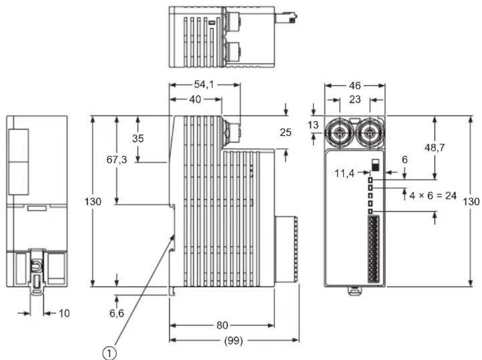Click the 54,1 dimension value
pos(204,84)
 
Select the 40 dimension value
pos(195,99)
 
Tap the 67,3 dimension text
pos(116,159)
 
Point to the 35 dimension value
pos(138,138)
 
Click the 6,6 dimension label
pos(116,313)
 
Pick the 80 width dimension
pos(222,325)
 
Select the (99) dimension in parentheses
pos(234,341)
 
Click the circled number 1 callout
pos(109,353)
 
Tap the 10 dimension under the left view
pos(64,313)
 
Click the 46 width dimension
pos(355,85)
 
